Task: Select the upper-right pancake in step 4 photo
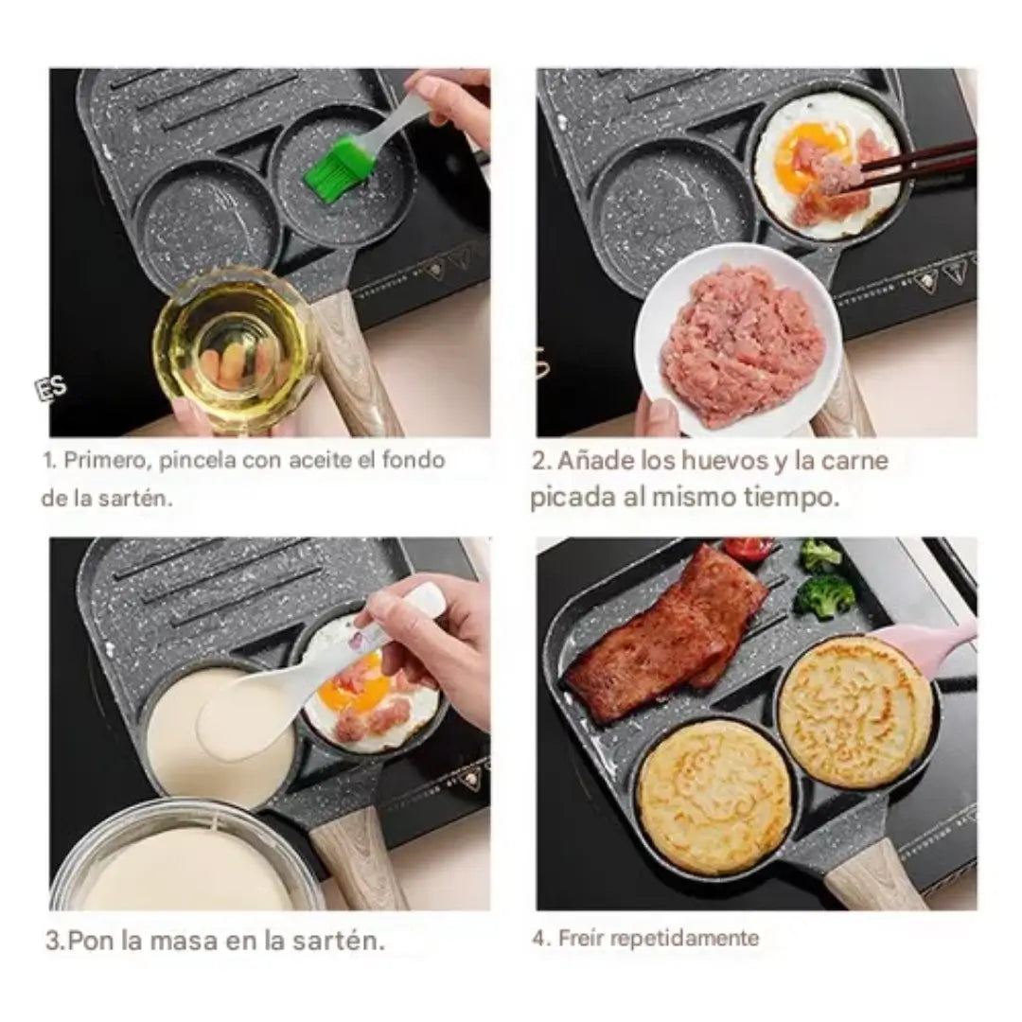pos(855,711)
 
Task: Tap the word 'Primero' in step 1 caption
pos(109,460)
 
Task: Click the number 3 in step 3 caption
pos(53,942)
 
